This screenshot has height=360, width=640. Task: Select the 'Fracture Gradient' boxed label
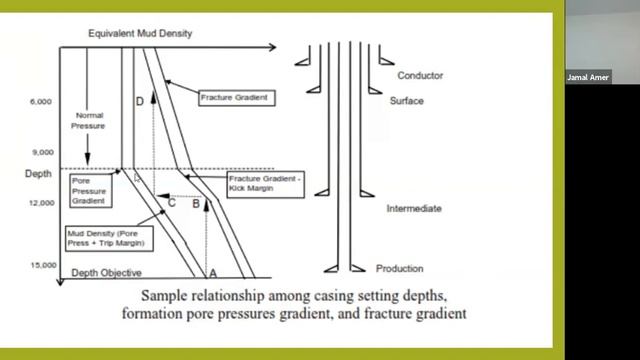tap(237, 98)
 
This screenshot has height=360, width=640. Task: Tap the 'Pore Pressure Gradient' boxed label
tap(91, 187)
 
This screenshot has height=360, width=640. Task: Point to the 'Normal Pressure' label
tap(89, 121)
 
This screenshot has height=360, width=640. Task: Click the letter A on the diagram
tap(211, 270)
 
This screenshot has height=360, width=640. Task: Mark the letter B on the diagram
tap(196, 203)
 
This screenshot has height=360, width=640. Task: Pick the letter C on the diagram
tap(171, 203)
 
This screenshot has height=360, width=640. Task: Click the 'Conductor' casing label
tap(420, 76)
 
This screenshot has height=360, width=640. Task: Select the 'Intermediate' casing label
tap(414, 209)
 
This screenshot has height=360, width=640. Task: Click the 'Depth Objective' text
tap(106, 273)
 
